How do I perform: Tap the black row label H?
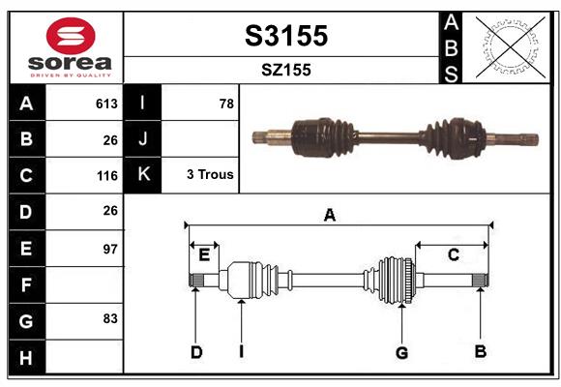(x=26, y=358)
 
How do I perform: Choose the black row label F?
(x=26, y=285)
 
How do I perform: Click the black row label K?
(x=143, y=175)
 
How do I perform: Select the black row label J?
(x=143, y=139)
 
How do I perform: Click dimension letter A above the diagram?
(x=330, y=216)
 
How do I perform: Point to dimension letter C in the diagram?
(x=453, y=254)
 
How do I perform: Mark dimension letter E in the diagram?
(x=203, y=255)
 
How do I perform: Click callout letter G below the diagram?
(x=401, y=352)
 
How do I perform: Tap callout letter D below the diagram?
(x=195, y=352)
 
